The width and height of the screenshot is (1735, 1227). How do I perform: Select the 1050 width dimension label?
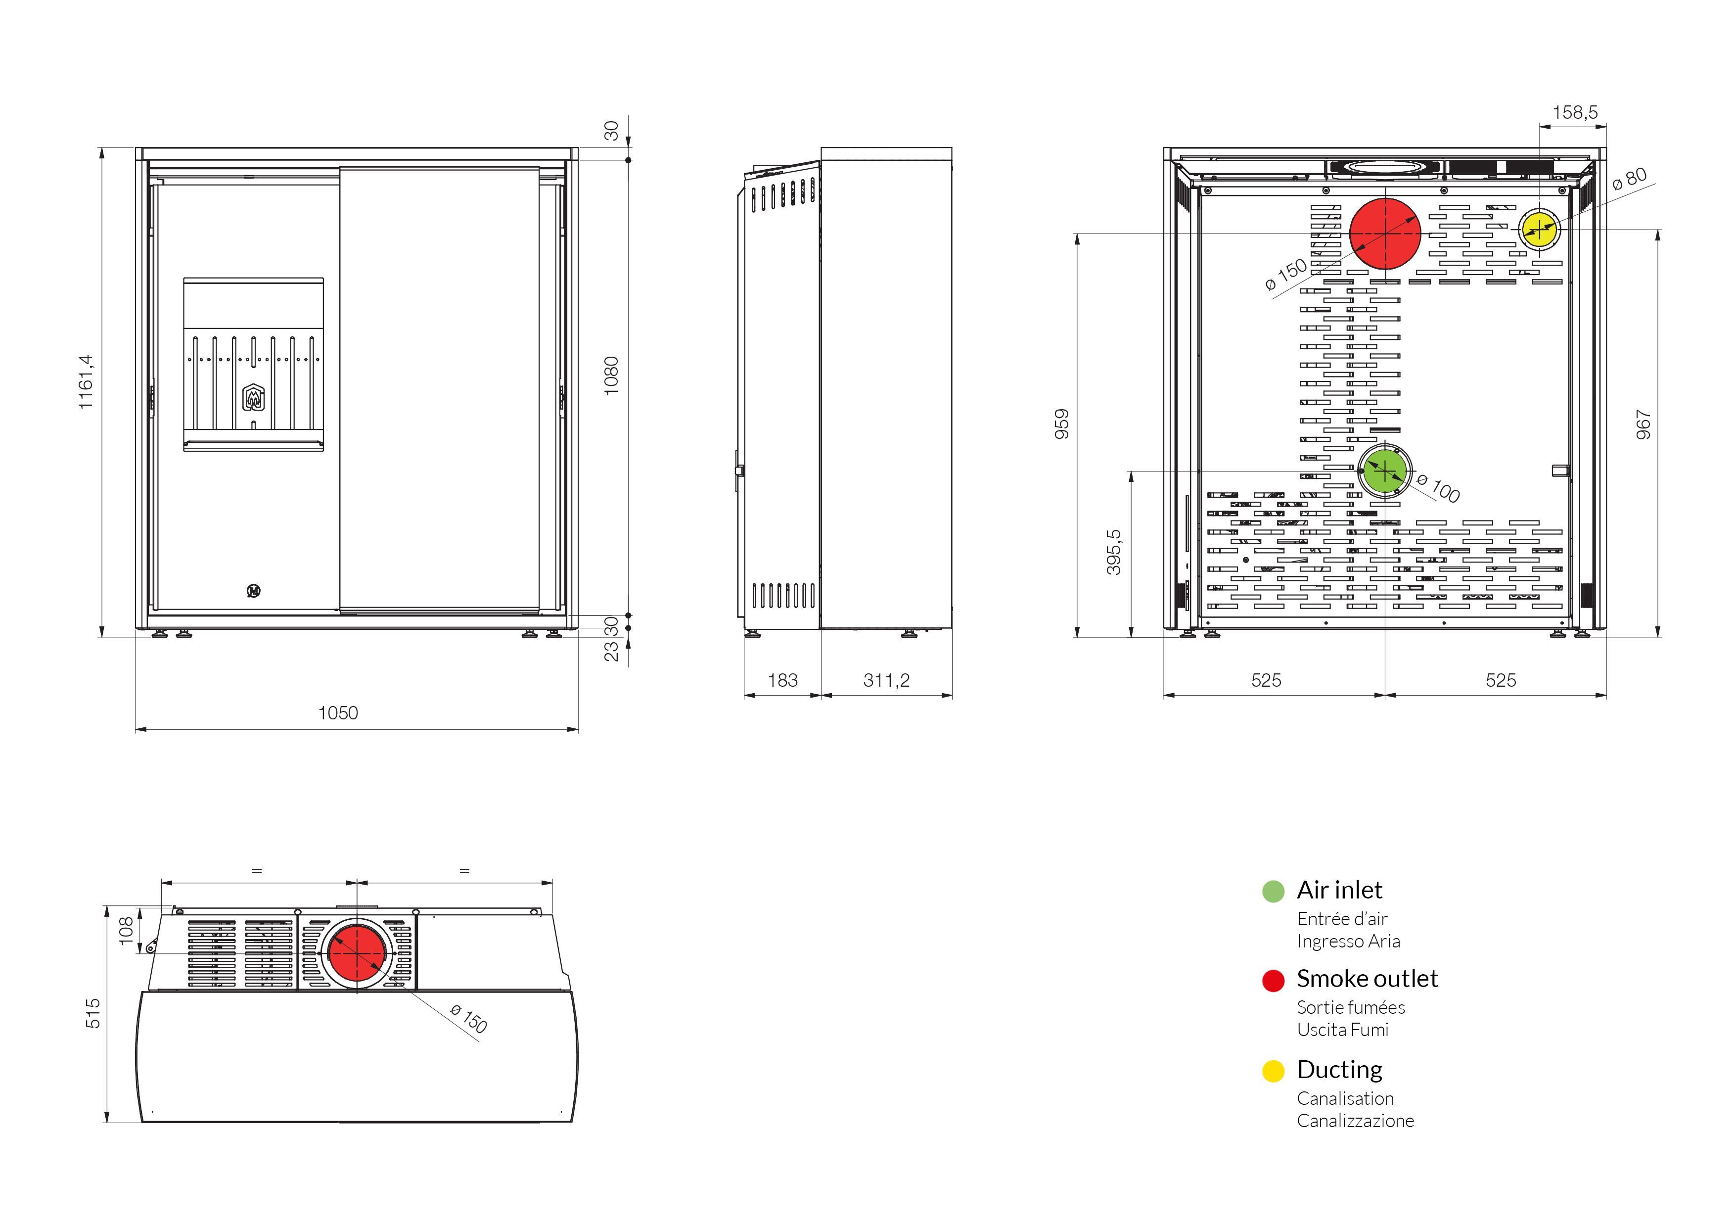tap(338, 713)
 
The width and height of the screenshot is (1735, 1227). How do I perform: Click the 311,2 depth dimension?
tap(886, 680)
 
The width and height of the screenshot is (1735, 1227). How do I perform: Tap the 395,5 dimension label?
tap(1114, 552)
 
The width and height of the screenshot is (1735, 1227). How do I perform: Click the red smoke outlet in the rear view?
tap(1385, 234)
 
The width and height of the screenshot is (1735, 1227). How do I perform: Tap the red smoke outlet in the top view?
tap(358, 954)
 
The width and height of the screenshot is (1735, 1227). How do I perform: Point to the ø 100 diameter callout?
tap(1438, 488)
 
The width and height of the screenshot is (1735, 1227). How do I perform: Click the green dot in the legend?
tap(1273, 891)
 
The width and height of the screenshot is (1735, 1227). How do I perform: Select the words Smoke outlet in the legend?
tap(1367, 978)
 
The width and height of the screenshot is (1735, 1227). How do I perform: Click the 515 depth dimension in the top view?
tap(93, 1013)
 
